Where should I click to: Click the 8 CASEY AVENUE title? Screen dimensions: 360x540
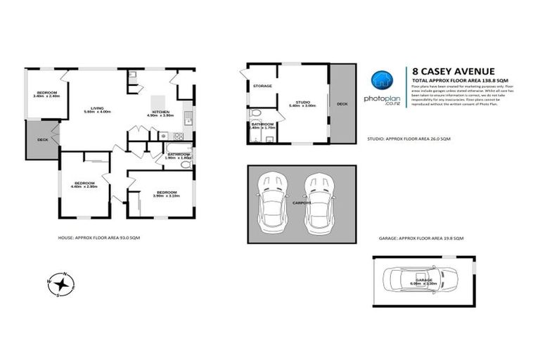[x=453, y=70]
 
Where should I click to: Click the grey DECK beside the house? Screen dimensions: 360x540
[x=42, y=139]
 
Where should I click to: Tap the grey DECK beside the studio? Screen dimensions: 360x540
[x=342, y=103]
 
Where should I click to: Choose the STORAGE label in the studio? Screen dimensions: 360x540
[x=262, y=86]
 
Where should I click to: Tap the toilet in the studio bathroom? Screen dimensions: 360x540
[x=255, y=113]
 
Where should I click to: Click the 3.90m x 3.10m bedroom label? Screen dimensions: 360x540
[x=167, y=194]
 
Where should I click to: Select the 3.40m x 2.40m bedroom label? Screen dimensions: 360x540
[x=46, y=94]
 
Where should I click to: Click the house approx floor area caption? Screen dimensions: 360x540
[x=99, y=238]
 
